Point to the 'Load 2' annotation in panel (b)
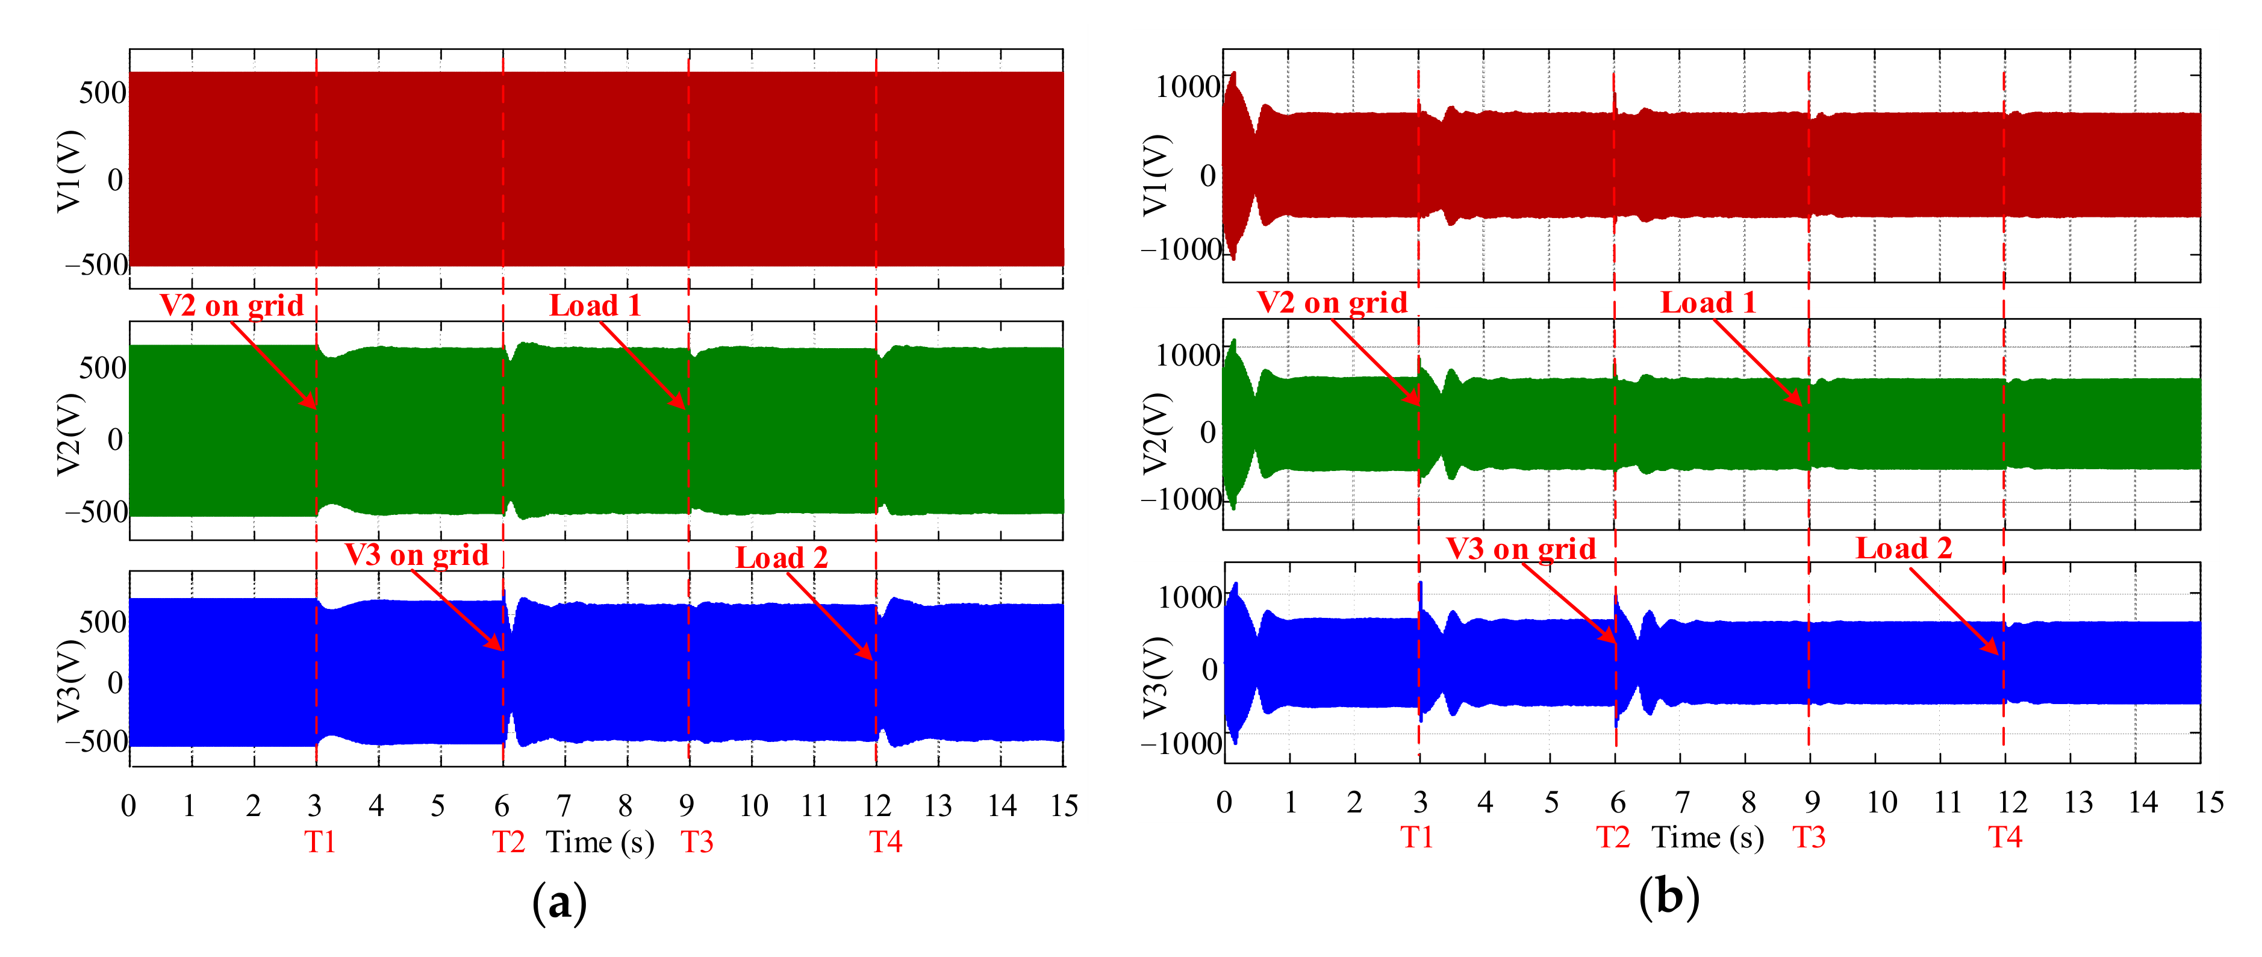[1904, 549]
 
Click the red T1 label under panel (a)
[320, 842]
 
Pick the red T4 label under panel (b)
[2005, 838]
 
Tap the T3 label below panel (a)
[697, 842]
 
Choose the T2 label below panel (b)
[1613, 838]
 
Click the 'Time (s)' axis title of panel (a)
[600, 842]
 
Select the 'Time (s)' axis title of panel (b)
[1708, 838]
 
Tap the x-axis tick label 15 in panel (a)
[1064, 805]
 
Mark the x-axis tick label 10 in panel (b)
[1882, 802]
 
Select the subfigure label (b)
[1668, 897]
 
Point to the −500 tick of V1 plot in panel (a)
[96, 264]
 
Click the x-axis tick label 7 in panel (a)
[564, 805]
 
